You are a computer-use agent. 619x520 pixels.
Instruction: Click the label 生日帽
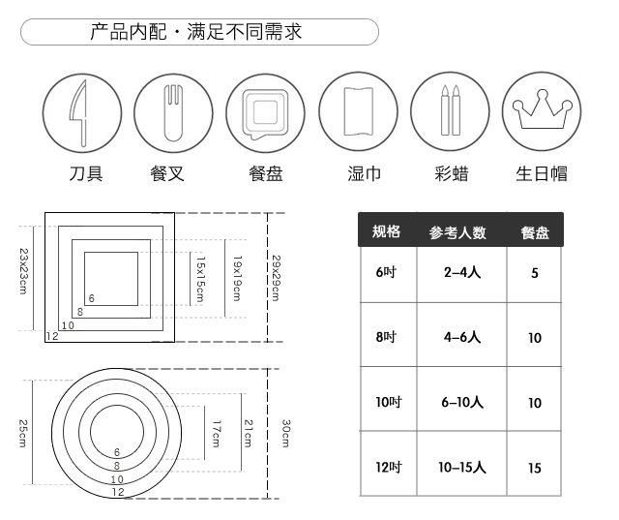click(541, 174)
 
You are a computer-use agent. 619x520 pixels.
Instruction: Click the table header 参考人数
click(457, 232)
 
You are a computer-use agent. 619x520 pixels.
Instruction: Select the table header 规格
click(386, 231)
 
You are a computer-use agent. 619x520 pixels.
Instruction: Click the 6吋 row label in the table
click(387, 273)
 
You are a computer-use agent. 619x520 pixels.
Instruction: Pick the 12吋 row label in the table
click(388, 468)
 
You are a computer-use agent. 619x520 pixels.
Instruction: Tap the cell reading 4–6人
click(462, 338)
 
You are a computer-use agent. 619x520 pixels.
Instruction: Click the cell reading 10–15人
click(462, 468)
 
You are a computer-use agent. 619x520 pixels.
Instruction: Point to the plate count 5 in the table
click(535, 274)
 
